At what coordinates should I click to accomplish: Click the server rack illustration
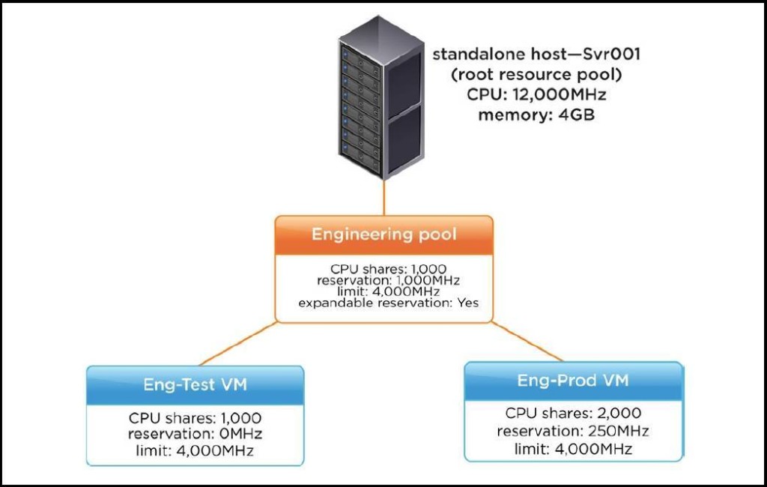[381, 97]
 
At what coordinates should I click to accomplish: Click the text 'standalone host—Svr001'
[536, 54]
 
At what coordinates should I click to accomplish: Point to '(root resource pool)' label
[536, 74]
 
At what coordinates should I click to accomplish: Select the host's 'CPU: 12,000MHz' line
[536, 94]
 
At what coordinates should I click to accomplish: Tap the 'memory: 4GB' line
[536, 115]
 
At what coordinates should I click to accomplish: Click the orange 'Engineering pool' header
[384, 235]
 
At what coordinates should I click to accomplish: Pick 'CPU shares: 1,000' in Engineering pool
[389, 269]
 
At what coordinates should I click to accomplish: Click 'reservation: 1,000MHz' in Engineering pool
[389, 280]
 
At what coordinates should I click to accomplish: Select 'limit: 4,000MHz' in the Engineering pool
[389, 291]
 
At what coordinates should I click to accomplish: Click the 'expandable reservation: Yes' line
[389, 303]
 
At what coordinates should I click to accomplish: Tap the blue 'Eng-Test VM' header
[195, 384]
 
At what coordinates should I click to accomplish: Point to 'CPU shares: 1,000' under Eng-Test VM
[195, 418]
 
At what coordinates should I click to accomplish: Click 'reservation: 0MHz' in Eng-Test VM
[195, 434]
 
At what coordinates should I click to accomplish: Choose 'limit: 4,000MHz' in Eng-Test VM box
[195, 450]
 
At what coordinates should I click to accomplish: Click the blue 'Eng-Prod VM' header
[573, 381]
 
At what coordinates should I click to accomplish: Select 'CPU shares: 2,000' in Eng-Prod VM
[573, 413]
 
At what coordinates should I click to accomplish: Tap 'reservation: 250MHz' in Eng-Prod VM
[573, 432]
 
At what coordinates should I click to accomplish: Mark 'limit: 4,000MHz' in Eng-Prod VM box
[573, 449]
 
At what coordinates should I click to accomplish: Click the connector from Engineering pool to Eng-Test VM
[239, 344]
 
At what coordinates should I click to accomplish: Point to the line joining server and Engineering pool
[384, 198]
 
